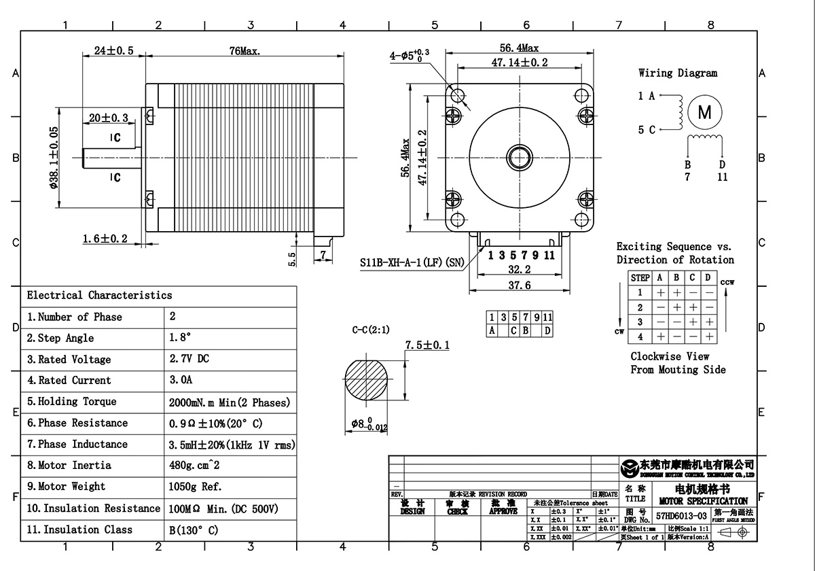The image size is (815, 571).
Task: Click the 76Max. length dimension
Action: click(x=246, y=51)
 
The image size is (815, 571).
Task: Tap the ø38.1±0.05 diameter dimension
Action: click(x=54, y=158)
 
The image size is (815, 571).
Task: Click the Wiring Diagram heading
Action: click(x=677, y=73)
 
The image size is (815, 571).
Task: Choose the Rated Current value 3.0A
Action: click(x=180, y=380)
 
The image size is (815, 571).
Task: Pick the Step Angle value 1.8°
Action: click(x=180, y=338)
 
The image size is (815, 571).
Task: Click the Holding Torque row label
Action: click(x=72, y=402)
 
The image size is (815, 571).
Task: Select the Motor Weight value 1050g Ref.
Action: click(x=195, y=487)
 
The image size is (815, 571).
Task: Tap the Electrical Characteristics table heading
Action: click(x=99, y=295)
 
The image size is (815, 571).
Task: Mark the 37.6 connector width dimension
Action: click(x=520, y=285)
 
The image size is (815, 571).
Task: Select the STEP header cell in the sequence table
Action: click(x=640, y=278)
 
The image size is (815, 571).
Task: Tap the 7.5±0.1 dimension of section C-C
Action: click(x=428, y=346)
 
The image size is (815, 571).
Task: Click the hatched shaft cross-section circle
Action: click(x=369, y=382)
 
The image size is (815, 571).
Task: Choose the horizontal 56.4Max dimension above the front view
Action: click(x=520, y=48)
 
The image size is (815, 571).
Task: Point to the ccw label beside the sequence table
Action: click(x=727, y=282)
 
